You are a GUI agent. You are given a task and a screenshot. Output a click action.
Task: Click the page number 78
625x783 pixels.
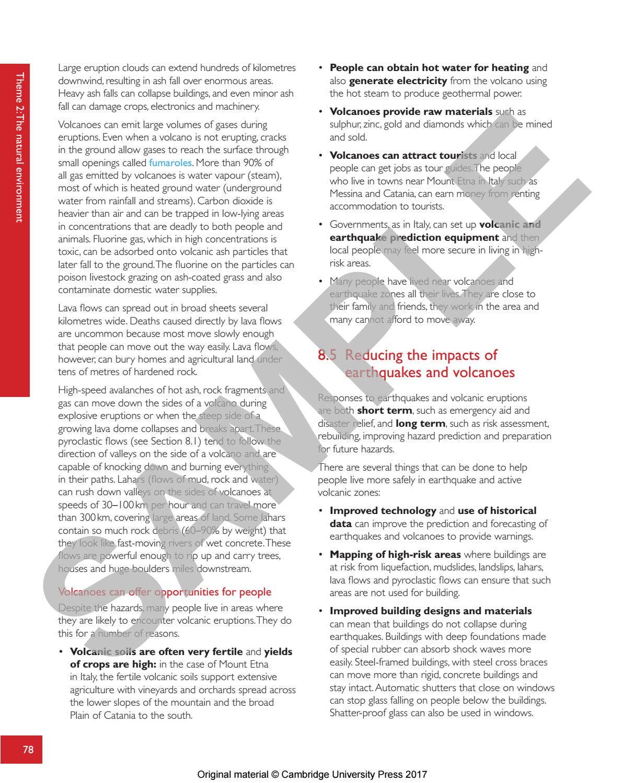pos(28,750)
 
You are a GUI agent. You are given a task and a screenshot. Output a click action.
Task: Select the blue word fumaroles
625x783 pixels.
pos(170,163)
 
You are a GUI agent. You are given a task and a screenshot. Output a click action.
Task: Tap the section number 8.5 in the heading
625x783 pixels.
pos(327,355)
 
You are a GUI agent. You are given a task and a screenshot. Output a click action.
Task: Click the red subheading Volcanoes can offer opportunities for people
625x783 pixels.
pos(165,592)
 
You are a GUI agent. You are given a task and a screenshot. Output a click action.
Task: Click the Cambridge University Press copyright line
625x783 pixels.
pos(312,775)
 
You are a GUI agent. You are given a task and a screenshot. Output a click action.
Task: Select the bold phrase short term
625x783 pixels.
pos(384,411)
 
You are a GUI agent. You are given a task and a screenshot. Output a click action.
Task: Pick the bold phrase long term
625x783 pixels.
pos(420,424)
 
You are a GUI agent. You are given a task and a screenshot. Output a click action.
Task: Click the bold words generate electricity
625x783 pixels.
pos(398,81)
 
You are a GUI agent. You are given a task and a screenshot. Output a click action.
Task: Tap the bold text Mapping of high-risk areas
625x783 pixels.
pos(395,555)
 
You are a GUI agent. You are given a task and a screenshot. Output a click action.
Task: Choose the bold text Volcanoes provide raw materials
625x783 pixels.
pos(411,112)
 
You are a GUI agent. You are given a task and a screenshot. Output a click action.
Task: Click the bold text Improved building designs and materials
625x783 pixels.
pos(431,611)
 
